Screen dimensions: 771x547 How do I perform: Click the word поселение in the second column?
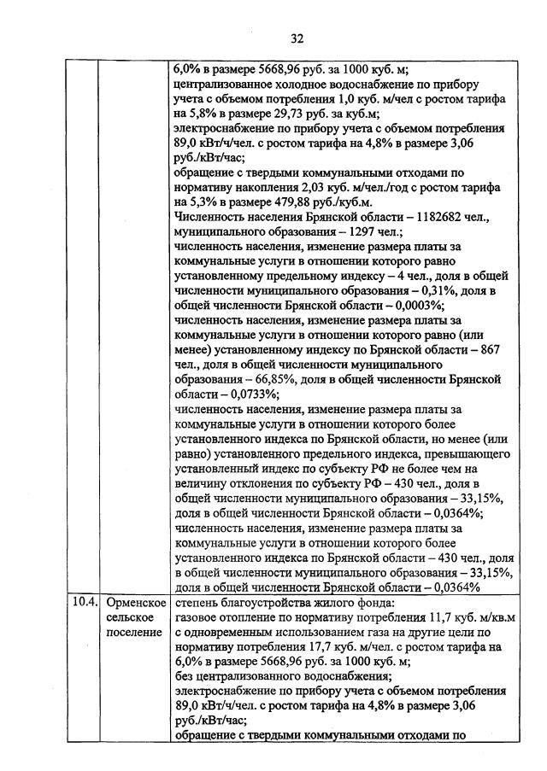tap(135, 632)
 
